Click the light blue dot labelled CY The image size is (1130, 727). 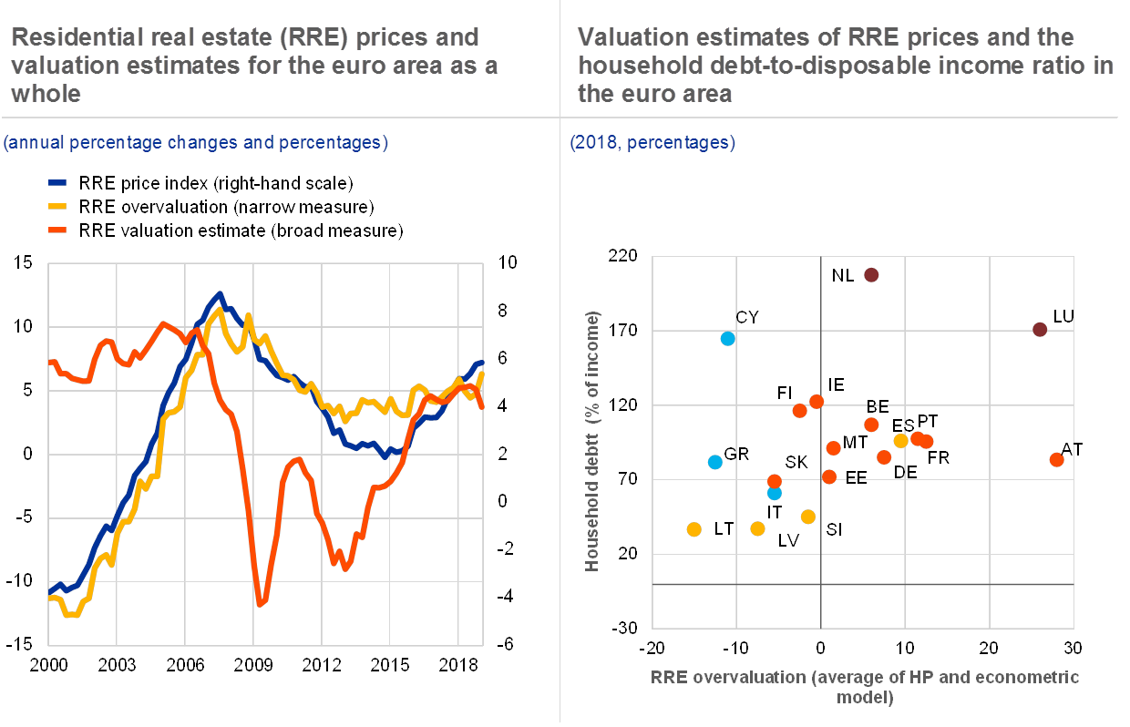tap(727, 338)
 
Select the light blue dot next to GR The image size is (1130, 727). tap(715, 462)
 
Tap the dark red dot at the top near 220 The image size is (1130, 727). tap(871, 274)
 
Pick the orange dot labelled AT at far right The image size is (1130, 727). tap(1057, 460)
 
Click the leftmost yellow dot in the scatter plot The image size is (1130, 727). tap(694, 529)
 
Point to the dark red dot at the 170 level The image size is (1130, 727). tap(1040, 329)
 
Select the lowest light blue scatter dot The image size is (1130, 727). tap(775, 493)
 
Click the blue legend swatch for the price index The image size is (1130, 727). tap(59, 182)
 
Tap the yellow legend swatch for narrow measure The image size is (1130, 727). tap(59, 206)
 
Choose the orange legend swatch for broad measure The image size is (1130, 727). tap(59, 230)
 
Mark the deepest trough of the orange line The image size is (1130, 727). tap(261, 603)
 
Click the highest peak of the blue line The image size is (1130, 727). tap(220, 293)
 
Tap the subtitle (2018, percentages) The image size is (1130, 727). tap(652, 143)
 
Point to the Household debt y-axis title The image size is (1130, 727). tap(593, 442)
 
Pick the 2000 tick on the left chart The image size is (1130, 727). tap(48, 662)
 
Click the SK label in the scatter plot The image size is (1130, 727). tap(796, 462)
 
